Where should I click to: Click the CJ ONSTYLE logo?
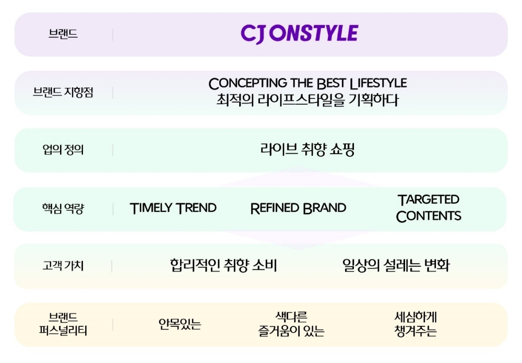pos(299,34)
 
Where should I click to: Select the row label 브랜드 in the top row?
pos(63,35)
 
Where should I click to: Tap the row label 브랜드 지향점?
pos(63,93)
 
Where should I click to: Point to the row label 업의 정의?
pos(63,150)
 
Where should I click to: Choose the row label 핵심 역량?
pos(63,209)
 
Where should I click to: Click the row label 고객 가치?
pos(63,266)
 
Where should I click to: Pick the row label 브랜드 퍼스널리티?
pos(63,324)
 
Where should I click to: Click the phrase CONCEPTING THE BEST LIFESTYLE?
pos(307,84)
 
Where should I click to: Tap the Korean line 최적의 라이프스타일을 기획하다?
pos(307,100)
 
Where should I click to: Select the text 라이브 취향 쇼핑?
pos(307,150)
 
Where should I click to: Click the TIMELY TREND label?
pos(173,208)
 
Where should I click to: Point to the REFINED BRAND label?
pos(298,208)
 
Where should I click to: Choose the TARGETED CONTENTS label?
pos(429,208)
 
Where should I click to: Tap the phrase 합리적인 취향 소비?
pos(223,266)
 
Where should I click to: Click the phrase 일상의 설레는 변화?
pos(396,266)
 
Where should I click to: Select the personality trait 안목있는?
pos(180,325)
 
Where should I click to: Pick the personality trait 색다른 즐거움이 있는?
pos(291,324)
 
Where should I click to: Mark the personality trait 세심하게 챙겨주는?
pos(416,324)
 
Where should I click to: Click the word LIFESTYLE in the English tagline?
pos(378,84)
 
